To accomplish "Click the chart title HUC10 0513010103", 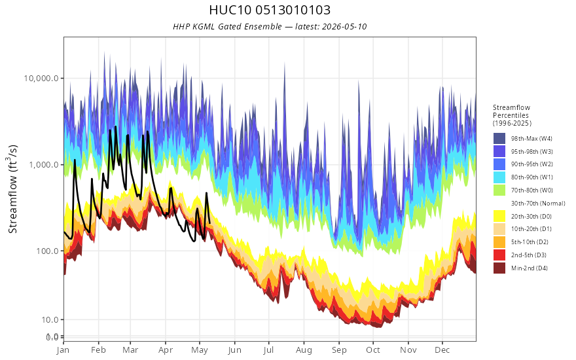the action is pos(270,10).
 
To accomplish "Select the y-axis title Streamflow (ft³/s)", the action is pos(12,189).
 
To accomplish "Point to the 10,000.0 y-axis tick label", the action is pos(41,79).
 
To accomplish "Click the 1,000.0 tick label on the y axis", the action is pos(44,164).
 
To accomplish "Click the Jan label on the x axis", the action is pos(63,350).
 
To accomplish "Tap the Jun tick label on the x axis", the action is pos(234,350).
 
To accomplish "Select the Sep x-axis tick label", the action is pos(338,350).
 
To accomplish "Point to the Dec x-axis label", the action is pos(442,350).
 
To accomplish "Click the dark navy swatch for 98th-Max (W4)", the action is pos(499,139).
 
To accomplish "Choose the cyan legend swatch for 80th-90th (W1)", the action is pos(499,177).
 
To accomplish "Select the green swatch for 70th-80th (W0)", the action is pos(499,190).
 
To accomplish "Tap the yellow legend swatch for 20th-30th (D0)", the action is pos(499,216).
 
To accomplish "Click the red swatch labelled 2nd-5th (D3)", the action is pos(499,255).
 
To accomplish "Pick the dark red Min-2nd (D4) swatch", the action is pos(499,268).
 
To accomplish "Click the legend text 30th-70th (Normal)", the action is pos(538,203).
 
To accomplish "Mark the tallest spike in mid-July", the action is pos(284,63).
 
